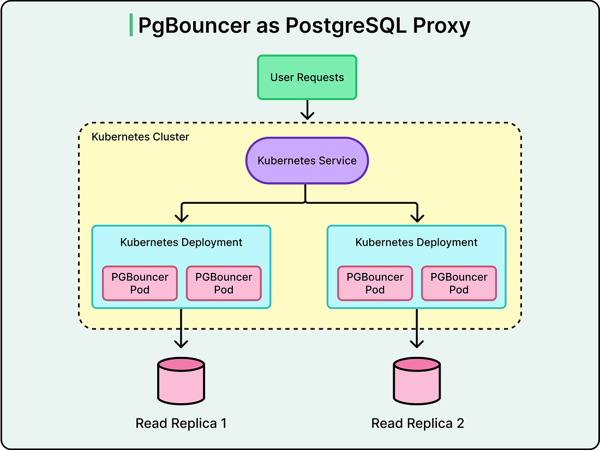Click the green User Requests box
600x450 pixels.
click(x=307, y=77)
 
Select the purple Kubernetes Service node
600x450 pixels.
click(x=307, y=161)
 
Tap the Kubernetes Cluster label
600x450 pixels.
click(x=140, y=137)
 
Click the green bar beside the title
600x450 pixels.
click(x=131, y=26)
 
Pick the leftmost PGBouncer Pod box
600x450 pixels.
click(x=140, y=283)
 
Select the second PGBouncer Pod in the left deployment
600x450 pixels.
click(x=224, y=283)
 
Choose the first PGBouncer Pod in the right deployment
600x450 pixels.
click(x=375, y=283)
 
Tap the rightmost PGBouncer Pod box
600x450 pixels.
click(x=459, y=283)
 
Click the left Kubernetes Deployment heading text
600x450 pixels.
click(x=181, y=242)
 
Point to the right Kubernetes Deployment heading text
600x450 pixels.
click(x=416, y=242)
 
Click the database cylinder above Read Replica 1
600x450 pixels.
click(x=181, y=380)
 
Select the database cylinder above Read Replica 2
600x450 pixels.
click(x=417, y=380)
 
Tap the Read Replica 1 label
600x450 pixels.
click(x=181, y=423)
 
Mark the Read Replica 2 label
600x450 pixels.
click(x=417, y=423)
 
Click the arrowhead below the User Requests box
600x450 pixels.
click(x=308, y=114)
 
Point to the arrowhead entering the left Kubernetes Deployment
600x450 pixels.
click(x=181, y=217)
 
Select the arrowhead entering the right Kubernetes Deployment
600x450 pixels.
click(x=417, y=217)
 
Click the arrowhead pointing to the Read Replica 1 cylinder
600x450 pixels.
click(x=181, y=343)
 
